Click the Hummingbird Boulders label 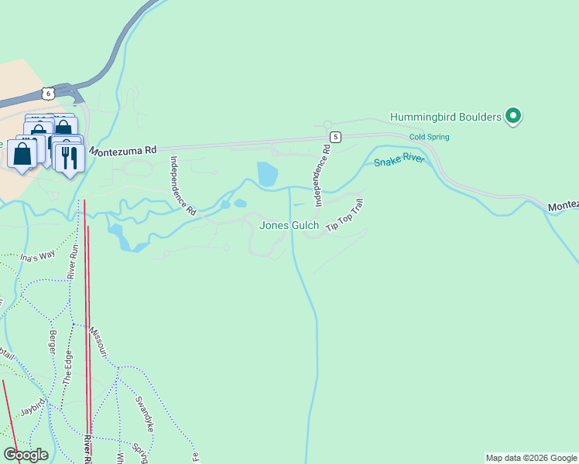(x=445, y=117)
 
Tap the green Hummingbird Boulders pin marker (x=513, y=116)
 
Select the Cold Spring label (x=429, y=137)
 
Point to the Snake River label (x=399, y=160)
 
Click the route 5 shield (x=334, y=137)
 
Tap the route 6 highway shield (x=49, y=93)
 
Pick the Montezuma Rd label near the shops (x=122, y=151)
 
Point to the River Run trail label (x=74, y=261)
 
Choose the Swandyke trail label (x=146, y=414)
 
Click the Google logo (x=26, y=455)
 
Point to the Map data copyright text (x=531, y=458)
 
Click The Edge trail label (x=67, y=368)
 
